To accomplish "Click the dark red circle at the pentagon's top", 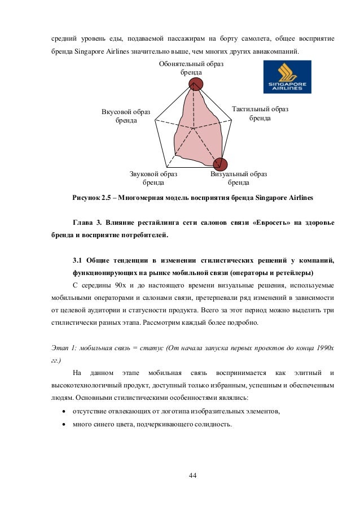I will [x=195, y=85].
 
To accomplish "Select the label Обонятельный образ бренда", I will [x=191, y=69].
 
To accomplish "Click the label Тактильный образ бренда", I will [x=260, y=114].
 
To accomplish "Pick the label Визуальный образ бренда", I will [x=239, y=178].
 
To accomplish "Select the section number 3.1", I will [x=78, y=260].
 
